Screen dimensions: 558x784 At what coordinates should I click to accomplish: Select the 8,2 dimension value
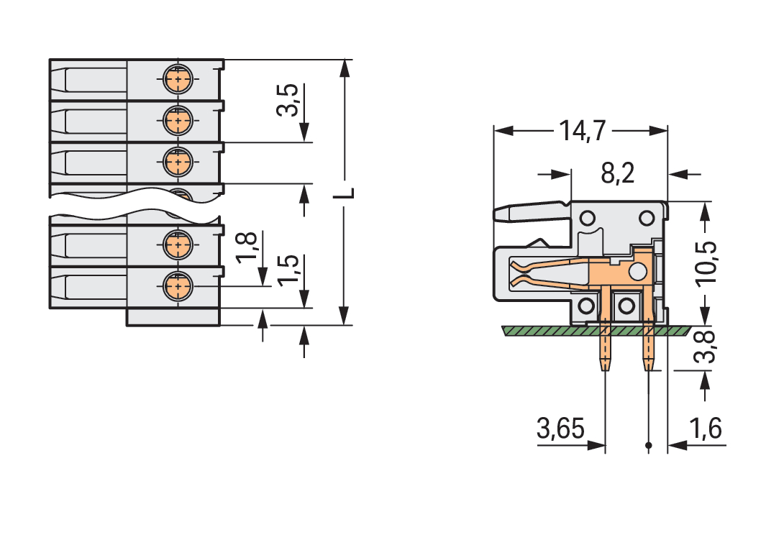click(x=617, y=173)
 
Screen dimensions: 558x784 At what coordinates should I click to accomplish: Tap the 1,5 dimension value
click(x=289, y=270)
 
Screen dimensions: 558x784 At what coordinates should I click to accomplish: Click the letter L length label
click(x=346, y=194)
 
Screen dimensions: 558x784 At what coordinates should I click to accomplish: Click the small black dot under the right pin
click(x=649, y=447)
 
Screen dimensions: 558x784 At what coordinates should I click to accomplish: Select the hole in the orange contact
click(x=637, y=271)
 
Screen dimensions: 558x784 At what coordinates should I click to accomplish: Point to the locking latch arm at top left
click(x=529, y=211)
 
